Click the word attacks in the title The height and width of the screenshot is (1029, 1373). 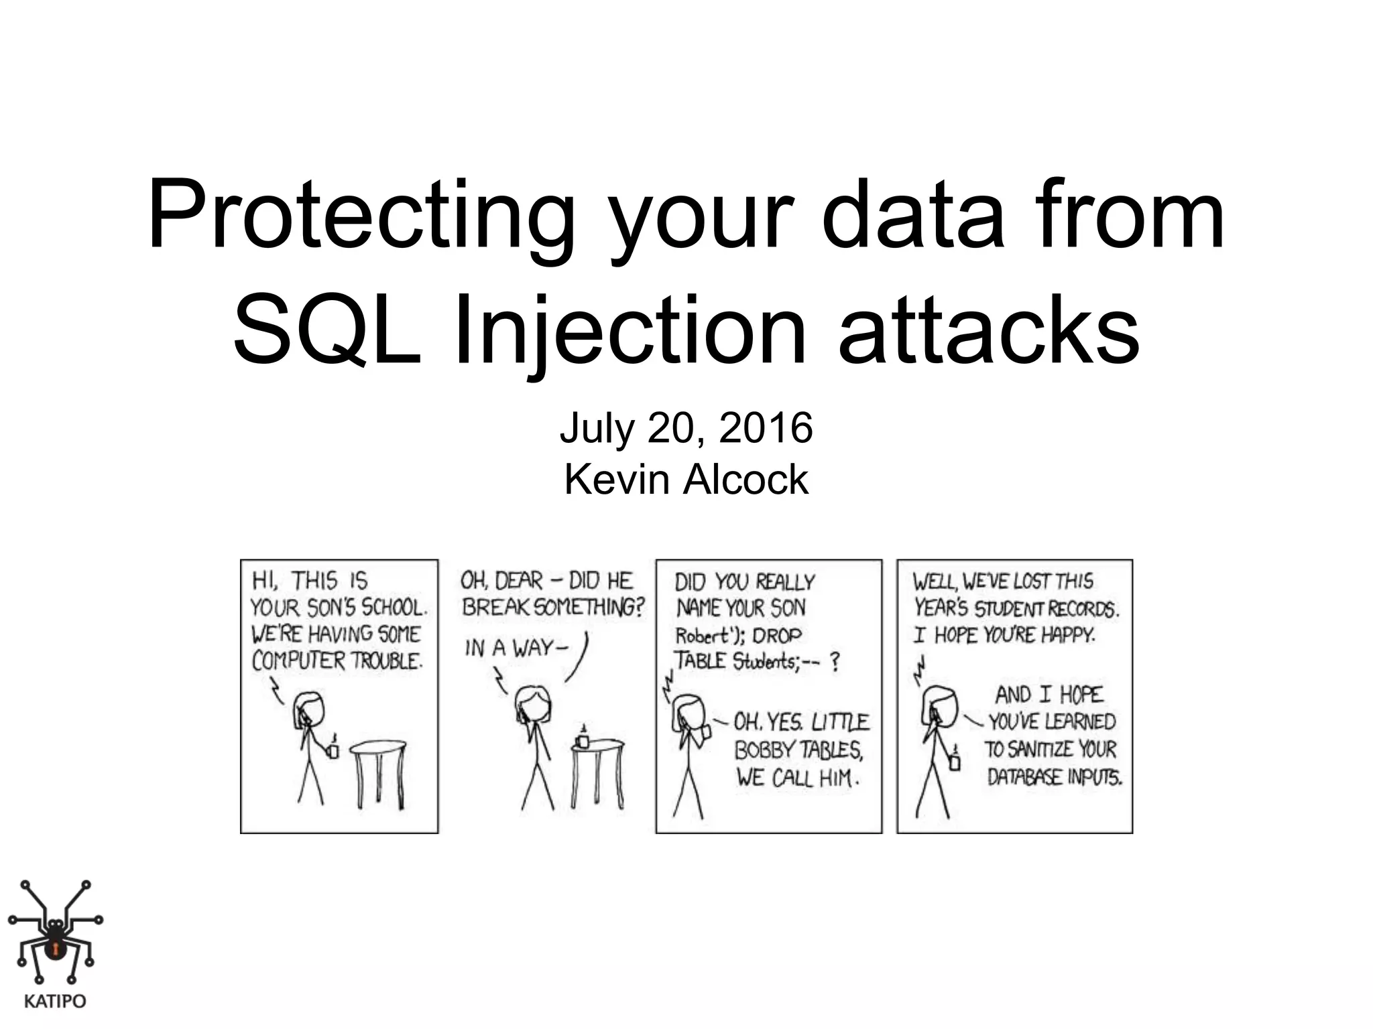988,330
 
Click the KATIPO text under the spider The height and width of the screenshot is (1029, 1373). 55,1002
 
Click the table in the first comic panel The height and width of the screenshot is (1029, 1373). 379,770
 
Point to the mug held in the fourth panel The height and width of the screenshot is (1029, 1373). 955,761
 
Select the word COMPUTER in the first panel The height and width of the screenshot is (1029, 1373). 298,661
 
